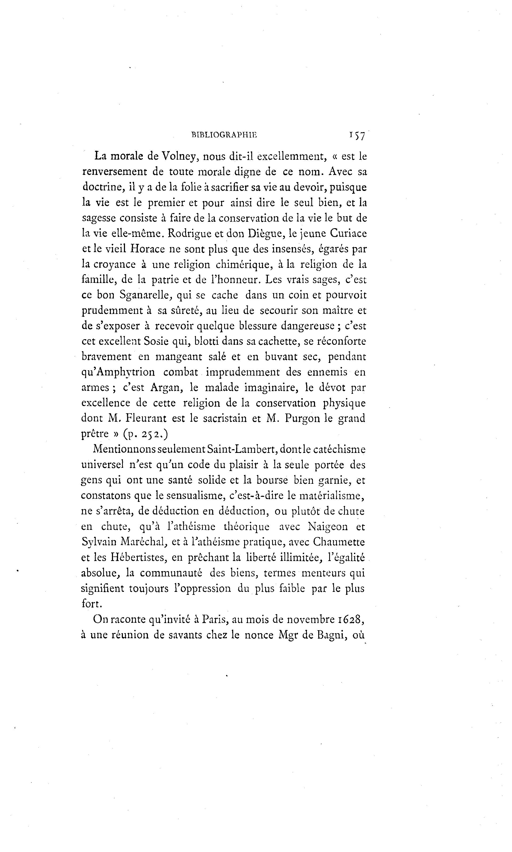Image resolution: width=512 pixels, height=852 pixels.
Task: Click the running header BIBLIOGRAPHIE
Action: tap(224, 135)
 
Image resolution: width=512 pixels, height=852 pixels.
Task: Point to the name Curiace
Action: tap(348, 234)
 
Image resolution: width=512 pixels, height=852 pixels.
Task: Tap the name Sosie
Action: tap(160, 342)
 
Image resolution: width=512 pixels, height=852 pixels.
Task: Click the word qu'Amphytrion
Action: tap(118, 372)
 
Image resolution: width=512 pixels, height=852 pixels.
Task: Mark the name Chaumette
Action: tap(339, 542)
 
